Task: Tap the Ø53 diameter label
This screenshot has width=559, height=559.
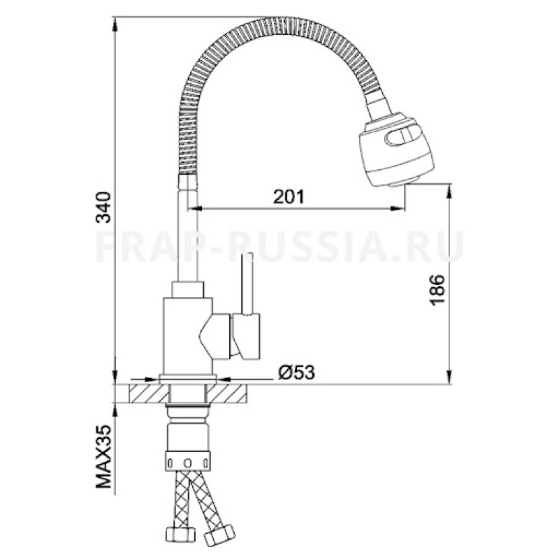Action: [296, 372]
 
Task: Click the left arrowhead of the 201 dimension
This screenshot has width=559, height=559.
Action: [197, 208]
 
